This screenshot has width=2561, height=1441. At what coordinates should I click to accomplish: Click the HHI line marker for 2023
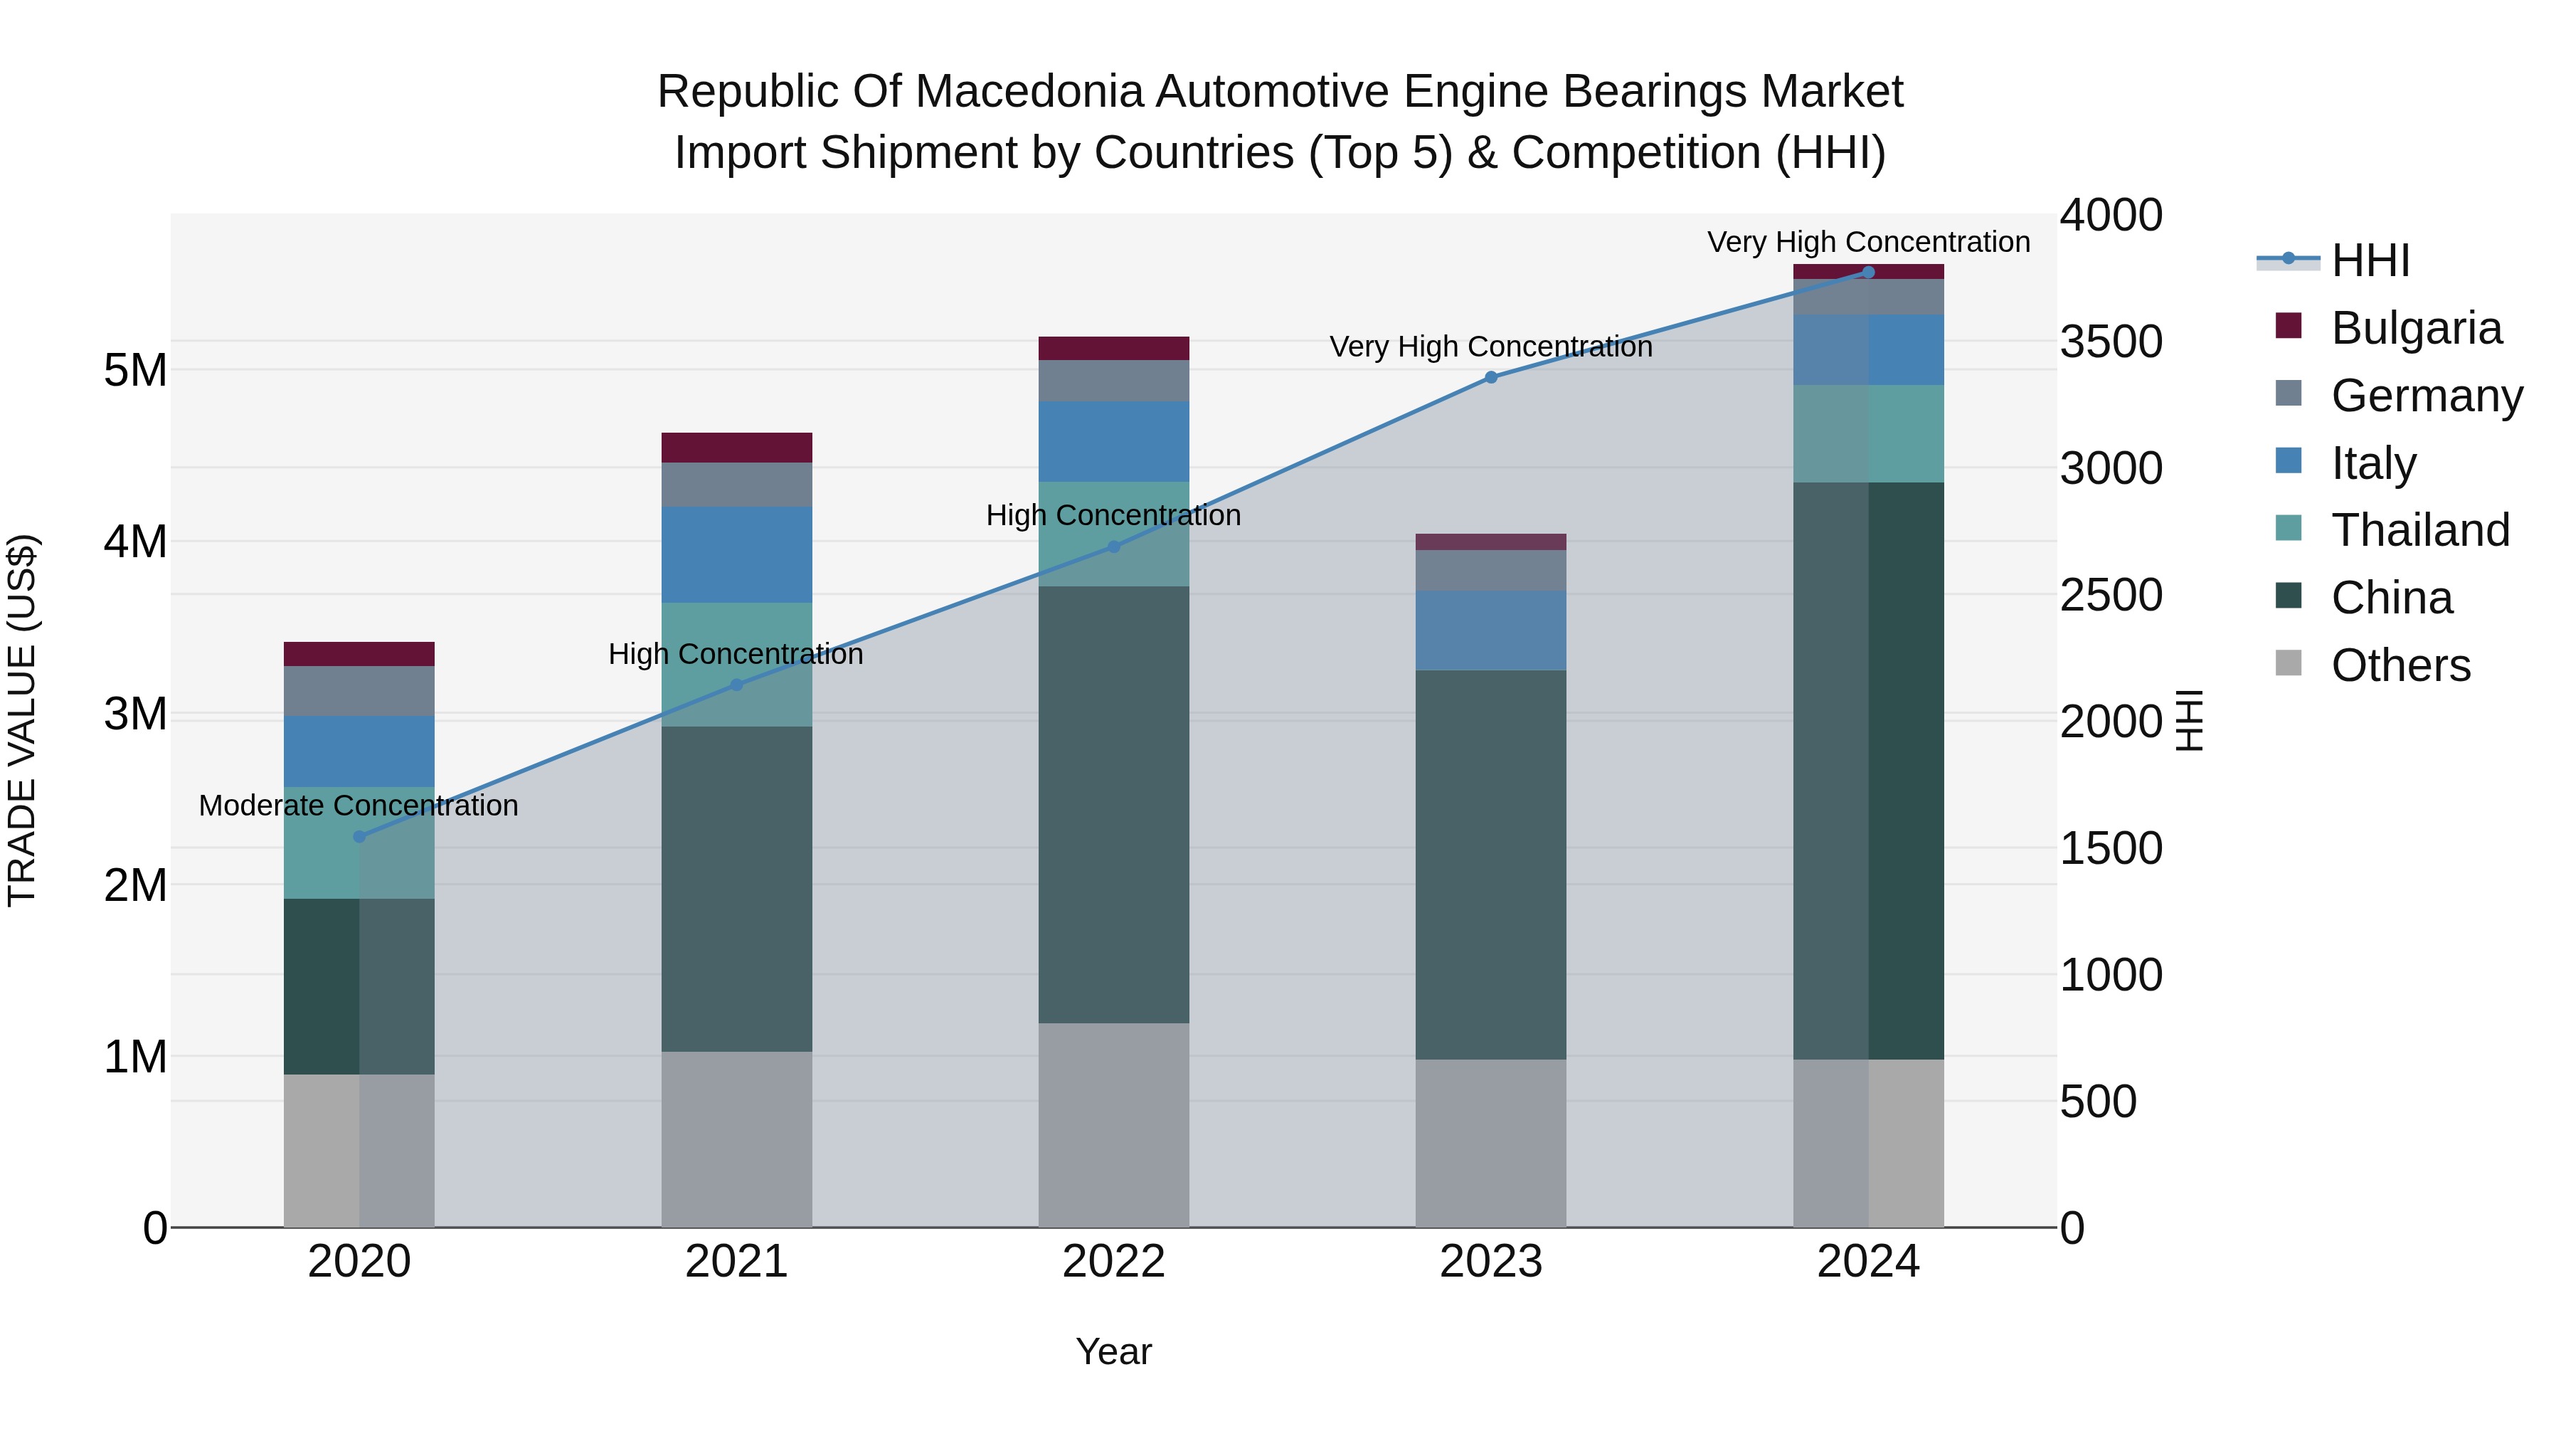point(1490,377)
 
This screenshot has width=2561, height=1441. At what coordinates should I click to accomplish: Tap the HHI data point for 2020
point(360,836)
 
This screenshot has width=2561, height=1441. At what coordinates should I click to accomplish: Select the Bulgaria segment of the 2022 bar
point(1113,348)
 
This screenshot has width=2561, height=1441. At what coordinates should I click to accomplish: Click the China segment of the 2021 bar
point(737,888)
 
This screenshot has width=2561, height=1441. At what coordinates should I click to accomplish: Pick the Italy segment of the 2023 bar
point(1490,630)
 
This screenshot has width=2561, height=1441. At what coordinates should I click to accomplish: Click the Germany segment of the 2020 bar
point(359,690)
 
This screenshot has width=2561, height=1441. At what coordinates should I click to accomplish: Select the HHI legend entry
point(2369,260)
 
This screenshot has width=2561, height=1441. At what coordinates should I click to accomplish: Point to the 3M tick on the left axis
point(135,714)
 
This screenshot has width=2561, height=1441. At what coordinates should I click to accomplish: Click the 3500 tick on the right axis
point(2110,341)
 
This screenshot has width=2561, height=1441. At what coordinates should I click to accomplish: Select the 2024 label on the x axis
point(1867,1262)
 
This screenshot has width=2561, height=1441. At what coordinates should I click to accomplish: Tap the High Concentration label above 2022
point(1113,515)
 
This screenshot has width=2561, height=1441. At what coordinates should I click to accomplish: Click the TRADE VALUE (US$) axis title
point(22,720)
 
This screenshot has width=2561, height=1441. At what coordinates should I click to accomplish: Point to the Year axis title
point(1113,1351)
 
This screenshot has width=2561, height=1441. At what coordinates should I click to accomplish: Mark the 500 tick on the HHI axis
point(2098,1101)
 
